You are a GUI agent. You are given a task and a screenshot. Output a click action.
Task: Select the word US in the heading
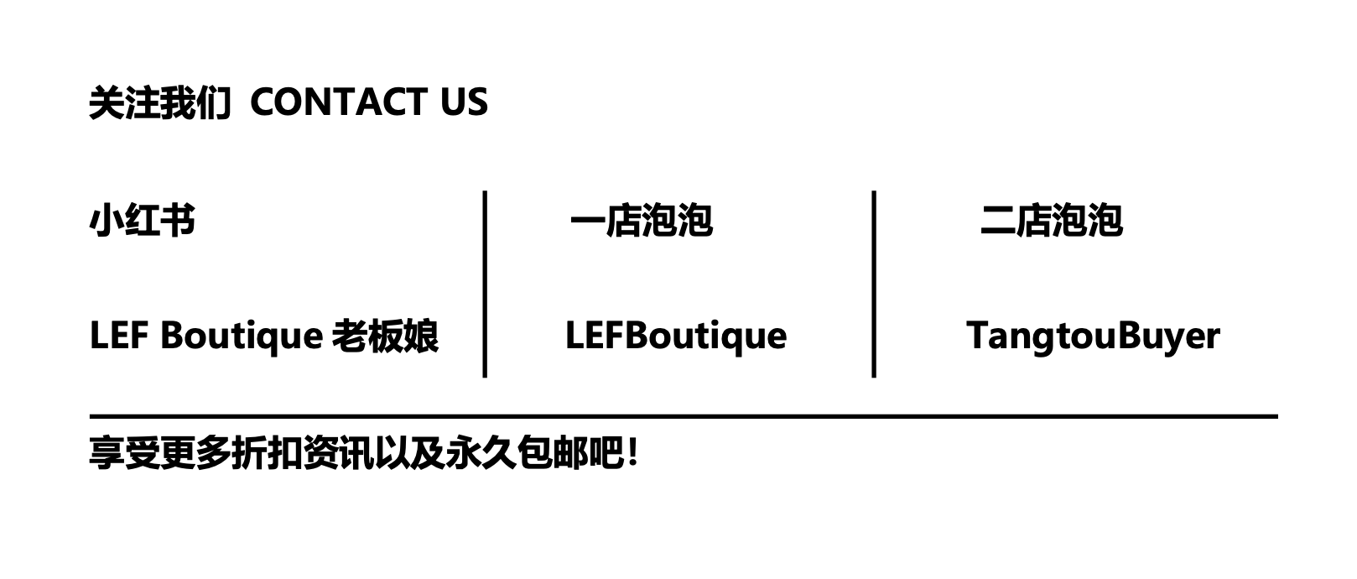(464, 102)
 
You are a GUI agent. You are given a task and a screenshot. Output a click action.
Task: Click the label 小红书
(142, 221)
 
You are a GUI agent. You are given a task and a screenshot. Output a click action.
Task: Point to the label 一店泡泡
(641, 221)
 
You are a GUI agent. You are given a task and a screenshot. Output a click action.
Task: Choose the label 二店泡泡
(1051, 221)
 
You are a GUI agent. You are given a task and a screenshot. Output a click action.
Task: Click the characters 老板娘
(385, 336)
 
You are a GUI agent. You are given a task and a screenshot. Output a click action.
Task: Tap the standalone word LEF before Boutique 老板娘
(118, 336)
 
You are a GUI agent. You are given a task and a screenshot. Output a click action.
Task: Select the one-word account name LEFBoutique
(675, 336)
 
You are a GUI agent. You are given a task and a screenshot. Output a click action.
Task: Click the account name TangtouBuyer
(1093, 336)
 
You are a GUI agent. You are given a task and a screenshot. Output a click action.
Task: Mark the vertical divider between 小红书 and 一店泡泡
(485, 284)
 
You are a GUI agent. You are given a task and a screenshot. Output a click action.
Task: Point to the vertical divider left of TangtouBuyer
(874, 284)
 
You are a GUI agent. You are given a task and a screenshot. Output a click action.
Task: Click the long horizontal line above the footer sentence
(683, 415)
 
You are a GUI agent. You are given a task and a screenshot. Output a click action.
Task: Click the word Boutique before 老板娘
(241, 336)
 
